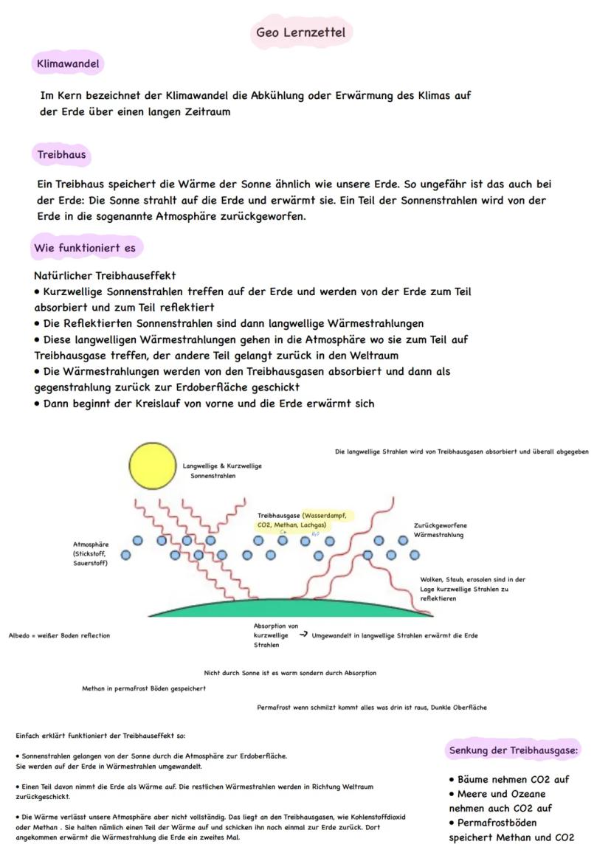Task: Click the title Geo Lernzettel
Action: point(300,32)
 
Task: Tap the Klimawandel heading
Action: point(68,64)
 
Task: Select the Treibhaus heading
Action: point(62,155)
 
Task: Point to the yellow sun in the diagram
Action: point(153,466)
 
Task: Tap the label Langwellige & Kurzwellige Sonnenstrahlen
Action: point(222,471)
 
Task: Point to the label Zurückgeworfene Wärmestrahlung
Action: point(440,530)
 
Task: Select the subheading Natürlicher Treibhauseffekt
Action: point(105,275)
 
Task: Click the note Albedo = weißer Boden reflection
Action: point(59,635)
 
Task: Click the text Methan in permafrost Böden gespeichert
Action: point(144,688)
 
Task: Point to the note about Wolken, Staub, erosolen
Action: point(472,589)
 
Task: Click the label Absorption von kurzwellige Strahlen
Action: point(275,635)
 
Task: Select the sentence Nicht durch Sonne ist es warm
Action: point(290,673)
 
